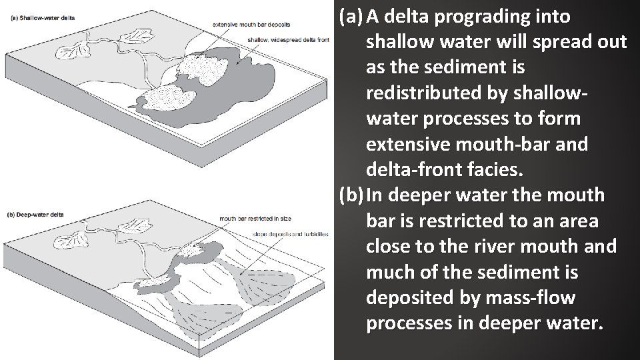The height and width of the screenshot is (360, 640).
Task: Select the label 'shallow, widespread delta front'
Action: click(x=288, y=39)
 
